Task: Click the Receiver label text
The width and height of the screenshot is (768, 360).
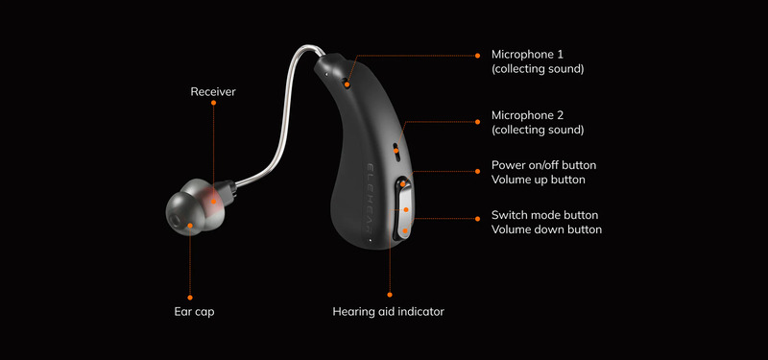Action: coord(212,92)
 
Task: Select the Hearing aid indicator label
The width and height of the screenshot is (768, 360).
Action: coord(388,312)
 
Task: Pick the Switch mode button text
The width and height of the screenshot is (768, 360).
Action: coord(544,215)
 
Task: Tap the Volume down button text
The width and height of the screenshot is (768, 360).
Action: coord(546,229)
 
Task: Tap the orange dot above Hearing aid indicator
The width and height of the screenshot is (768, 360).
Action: coord(390,295)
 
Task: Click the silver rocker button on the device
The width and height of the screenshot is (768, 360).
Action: coord(404,205)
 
